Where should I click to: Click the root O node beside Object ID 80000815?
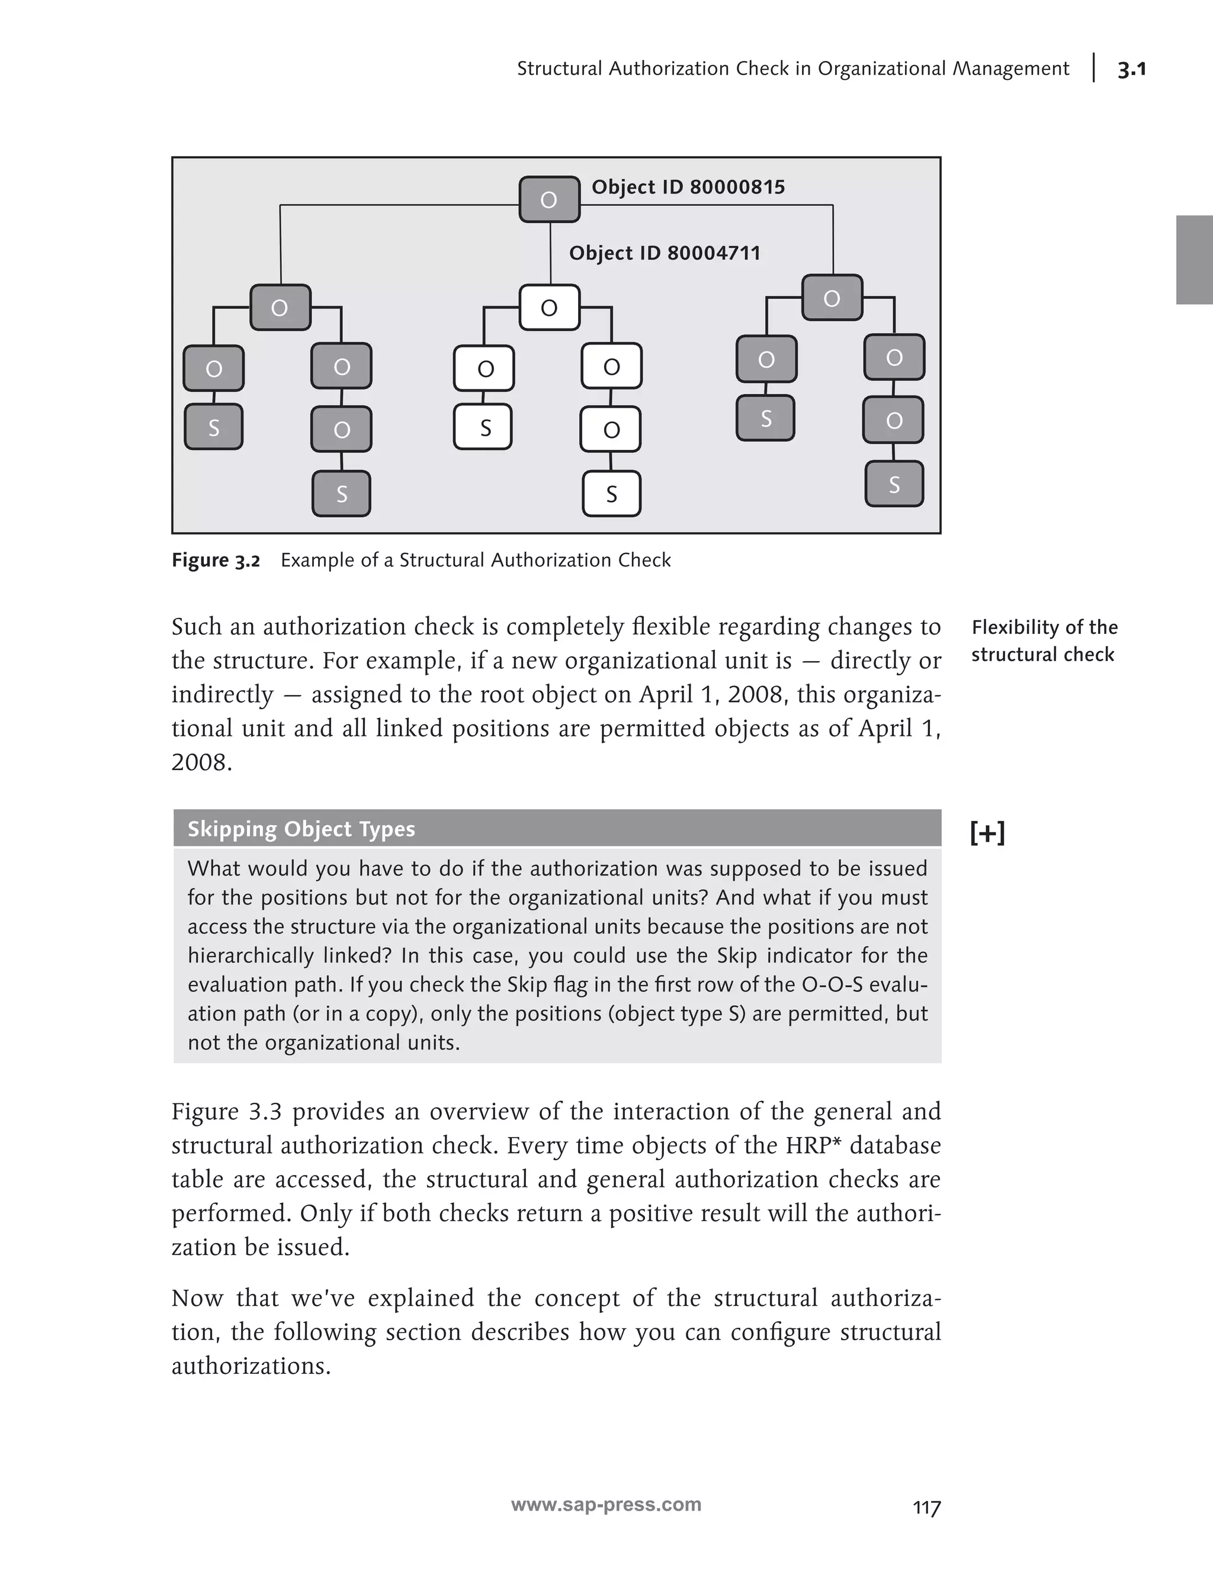click(x=550, y=199)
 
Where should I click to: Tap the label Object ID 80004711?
click(x=665, y=253)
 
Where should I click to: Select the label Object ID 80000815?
click(x=688, y=187)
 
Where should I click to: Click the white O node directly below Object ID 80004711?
click(x=550, y=308)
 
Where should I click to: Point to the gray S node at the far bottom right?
click(x=894, y=484)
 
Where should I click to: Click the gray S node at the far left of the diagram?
click(x=214, y=428)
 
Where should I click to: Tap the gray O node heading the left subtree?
click(x=280, y=308)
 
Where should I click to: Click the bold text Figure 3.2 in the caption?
click(x=215, y=561)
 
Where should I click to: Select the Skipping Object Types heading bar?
click(x=557, y=829)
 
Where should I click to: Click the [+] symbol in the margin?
click(x=987, y=833)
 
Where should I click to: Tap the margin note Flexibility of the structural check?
click(x=1044, y=641)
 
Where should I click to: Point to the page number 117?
click(x=926, y=1508)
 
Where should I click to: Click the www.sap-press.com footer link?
click(x=606, y=1505)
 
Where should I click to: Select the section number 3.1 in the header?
click(x=1131, y=69)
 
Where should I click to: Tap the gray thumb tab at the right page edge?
click(x=1194, y=260)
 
